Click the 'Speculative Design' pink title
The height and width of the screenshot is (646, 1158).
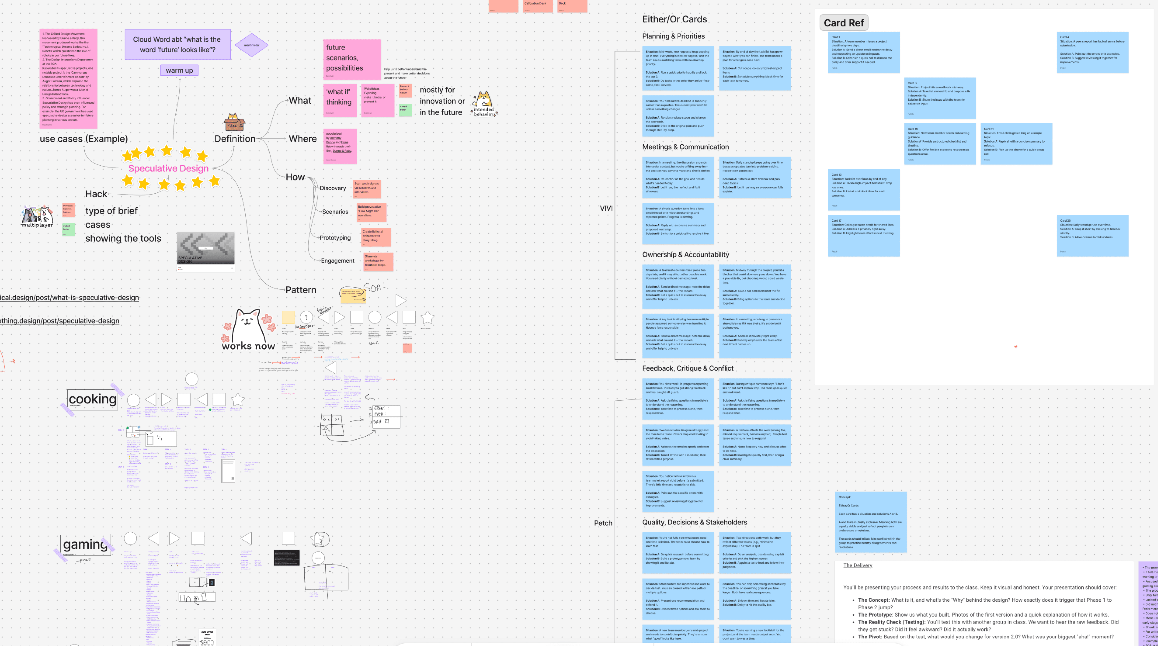point(169,169)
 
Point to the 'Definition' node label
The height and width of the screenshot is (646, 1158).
point(235,139)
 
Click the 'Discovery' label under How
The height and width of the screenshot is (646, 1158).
point(333,188)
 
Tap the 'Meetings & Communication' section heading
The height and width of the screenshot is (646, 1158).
point(685,147)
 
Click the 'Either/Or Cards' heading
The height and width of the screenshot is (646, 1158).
point(674,19)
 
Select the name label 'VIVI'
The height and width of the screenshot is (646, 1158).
point(606,208)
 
